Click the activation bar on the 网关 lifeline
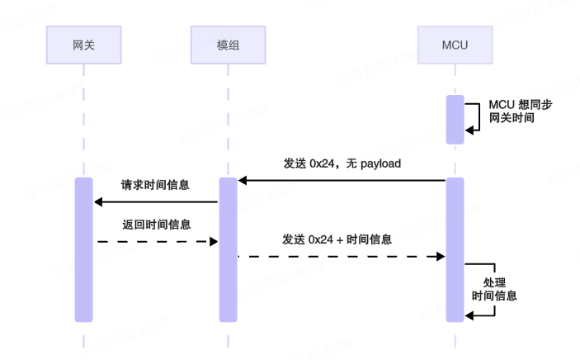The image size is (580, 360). coord(84,249)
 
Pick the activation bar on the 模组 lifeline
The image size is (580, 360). coord(228,249)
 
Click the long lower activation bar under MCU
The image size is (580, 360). coord(455,249)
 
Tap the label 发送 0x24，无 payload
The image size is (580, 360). coord(342,163)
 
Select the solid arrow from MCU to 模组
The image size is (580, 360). coord(342,180)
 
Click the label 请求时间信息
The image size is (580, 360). coord(155,185)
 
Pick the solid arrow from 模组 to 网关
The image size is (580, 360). coord(155,201)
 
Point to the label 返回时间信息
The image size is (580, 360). coord(155,224)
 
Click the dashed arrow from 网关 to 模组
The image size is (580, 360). coord(155,241)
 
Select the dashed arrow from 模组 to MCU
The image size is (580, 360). coord(342,257)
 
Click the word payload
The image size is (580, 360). coord(380,163)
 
